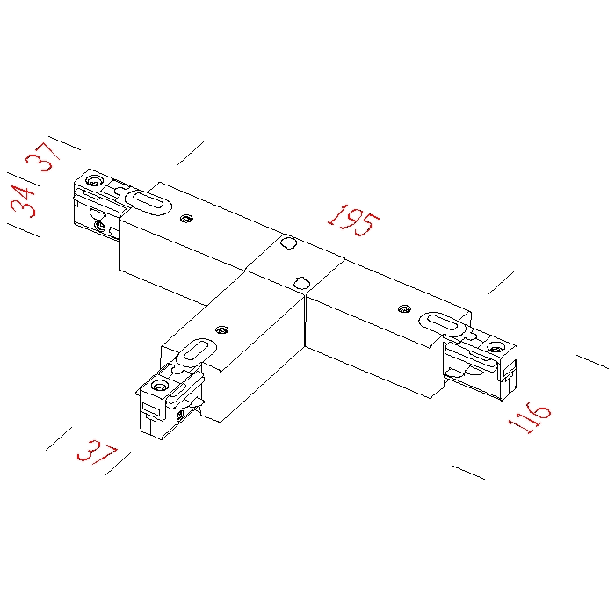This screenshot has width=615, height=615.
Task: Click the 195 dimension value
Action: tap(354, 221)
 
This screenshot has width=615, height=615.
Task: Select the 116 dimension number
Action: tap(530, 417)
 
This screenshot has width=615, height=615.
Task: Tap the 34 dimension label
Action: tap(23, 201)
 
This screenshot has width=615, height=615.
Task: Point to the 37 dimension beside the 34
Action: tap(43, 156)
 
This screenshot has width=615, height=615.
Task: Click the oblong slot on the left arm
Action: tap(148, 203)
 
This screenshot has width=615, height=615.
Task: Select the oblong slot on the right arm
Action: tap(442, 324)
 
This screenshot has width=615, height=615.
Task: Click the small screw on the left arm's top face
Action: tap(186, 219)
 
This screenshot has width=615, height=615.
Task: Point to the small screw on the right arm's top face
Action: tap(404, 309)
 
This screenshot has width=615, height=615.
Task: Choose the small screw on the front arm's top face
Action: tap(222, 329)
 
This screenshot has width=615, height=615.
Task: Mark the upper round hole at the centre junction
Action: tap(289, 243)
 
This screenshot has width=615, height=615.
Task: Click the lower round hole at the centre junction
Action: tap(302, 283)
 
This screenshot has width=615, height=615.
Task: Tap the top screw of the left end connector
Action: tap(94, 181)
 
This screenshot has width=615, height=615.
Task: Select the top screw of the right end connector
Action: tap(496, 348)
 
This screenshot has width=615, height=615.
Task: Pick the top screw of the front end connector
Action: tap(159, 387)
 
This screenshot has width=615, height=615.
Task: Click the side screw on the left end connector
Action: tap(100, 226)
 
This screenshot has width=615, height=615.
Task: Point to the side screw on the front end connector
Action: tap(180, 416)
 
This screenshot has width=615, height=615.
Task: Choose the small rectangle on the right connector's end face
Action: tap(510, 369)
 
